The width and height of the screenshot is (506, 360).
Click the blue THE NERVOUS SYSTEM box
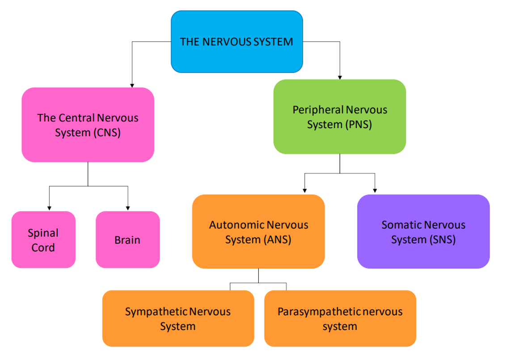[x=236, y=42]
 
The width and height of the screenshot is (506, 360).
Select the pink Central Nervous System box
[x=88, y=125]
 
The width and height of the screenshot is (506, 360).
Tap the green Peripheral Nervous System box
[x=340, y=117]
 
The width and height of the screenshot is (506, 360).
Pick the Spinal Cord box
[x=43, y=240]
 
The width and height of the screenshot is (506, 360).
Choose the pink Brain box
[x=127, y=240]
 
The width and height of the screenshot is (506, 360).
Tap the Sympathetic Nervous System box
[x=178, y=318]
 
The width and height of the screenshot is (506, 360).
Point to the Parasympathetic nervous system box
[x=340, y=318]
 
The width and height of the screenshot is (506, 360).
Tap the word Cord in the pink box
[x=43, y=248]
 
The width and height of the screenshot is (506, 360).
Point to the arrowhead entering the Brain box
[x=128, y=208]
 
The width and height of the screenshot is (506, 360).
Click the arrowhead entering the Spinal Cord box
[x=49, y=208]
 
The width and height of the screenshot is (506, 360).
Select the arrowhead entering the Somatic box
[x=375, y=191]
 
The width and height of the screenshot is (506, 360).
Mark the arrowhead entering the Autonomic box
[x=305, y=191]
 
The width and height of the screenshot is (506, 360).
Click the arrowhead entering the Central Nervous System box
[x=132, y=85]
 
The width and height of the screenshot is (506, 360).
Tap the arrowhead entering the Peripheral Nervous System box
[x=340, y=77]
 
